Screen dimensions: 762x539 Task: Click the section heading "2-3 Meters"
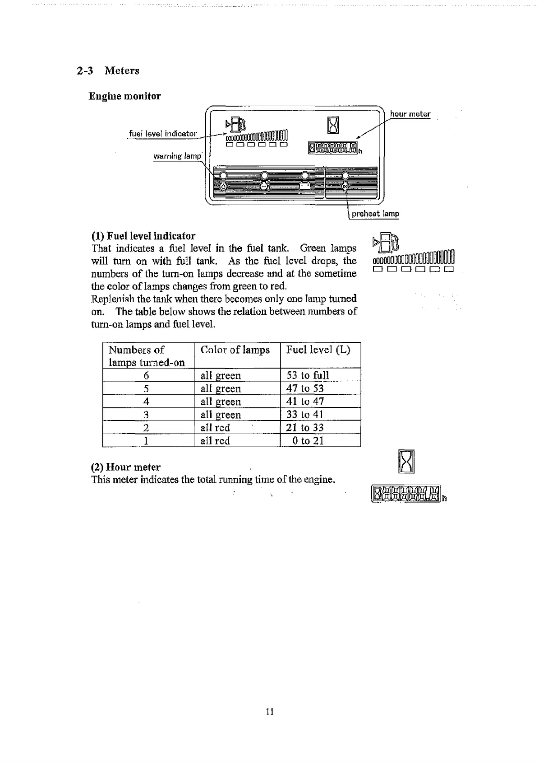pos(108,70)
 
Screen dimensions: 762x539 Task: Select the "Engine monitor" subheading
pos(124,96)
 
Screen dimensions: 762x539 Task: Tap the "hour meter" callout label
pos(410,114)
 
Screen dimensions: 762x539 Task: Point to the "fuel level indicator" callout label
pos(163,133)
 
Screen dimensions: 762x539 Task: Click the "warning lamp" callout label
pos(177,156)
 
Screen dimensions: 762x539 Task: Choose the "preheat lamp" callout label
pos(375,214)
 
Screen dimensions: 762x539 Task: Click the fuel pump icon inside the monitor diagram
pos(235,124)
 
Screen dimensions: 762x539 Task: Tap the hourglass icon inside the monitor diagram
pos(333,124)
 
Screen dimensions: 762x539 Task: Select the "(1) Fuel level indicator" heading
pos(143,236)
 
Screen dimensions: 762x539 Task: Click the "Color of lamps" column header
pos(235,350)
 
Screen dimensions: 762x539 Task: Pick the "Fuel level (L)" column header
pos(318,350)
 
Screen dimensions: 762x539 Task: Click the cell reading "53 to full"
pos(308,375)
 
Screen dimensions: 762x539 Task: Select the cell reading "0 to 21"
pos(308,441)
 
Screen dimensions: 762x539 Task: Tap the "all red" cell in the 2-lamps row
pos(215,428)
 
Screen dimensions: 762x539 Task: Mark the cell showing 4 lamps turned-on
pos(146,402)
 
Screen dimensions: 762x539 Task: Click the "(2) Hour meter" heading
pos(126,467)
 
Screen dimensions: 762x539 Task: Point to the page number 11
pos(270,712)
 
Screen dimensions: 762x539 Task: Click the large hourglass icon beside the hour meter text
pos(406,462)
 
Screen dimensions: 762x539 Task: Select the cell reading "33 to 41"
pos(305,415)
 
